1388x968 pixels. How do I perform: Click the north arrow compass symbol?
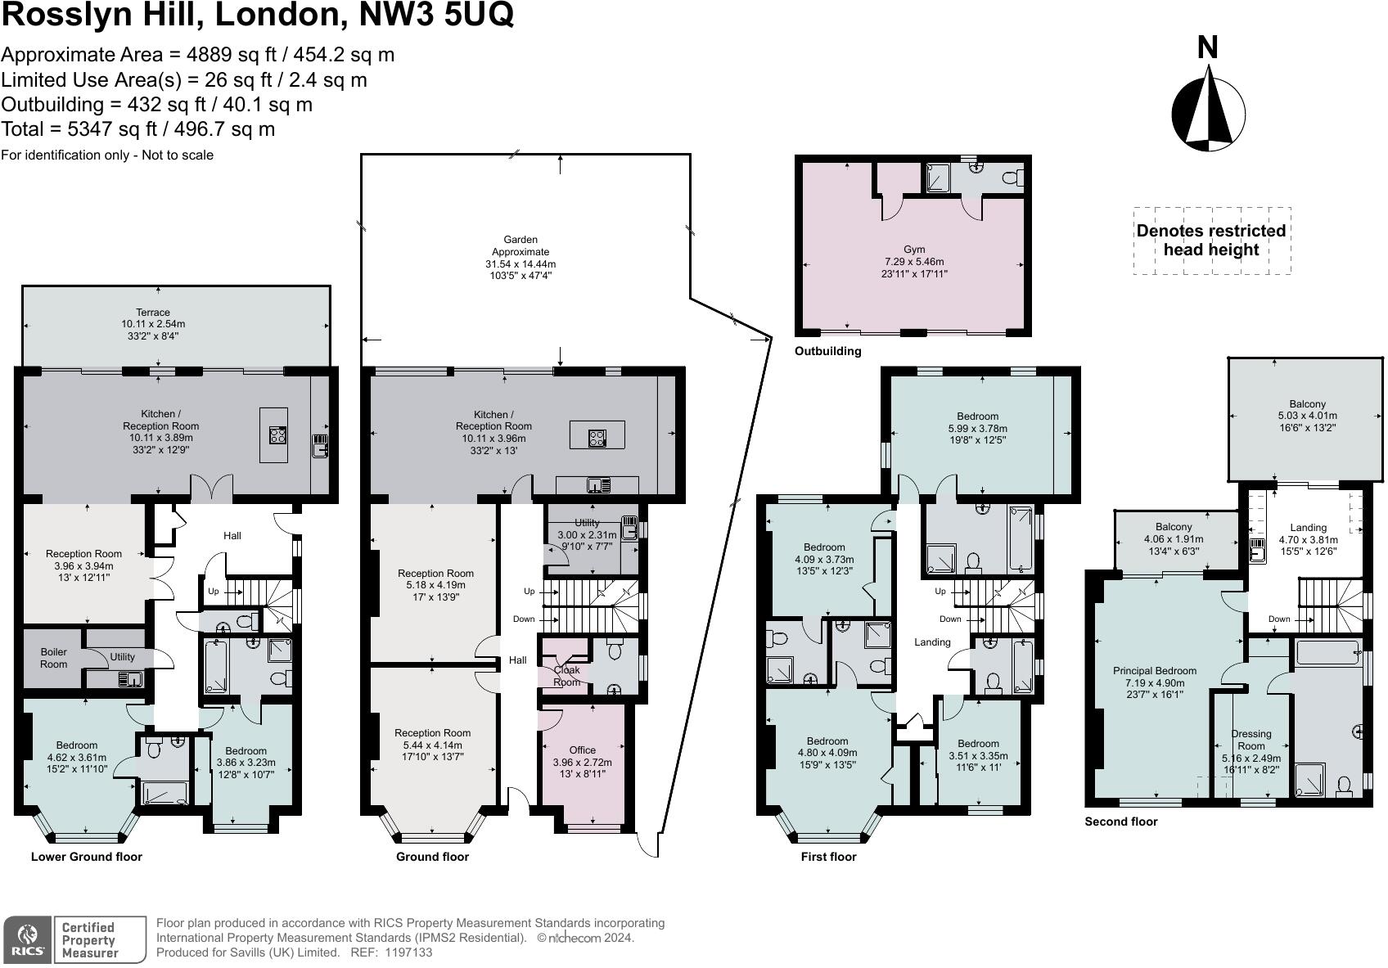1208,115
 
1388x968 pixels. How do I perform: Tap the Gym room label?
914,249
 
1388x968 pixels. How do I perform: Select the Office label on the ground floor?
582,750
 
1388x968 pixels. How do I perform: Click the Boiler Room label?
54,658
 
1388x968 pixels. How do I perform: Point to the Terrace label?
153,313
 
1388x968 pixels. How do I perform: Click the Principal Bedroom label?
1155,670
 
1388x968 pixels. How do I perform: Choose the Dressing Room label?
1251,740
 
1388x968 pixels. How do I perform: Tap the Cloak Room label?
567,676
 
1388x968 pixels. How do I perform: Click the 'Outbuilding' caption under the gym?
828,351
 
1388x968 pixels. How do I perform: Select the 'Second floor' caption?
1121,822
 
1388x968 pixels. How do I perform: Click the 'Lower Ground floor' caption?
87,857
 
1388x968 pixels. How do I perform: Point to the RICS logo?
28,939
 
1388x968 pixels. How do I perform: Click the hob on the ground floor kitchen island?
597,438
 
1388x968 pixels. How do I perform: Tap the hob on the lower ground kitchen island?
277,435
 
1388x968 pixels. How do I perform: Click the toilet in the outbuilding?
1012,178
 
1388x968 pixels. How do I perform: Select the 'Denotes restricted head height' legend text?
1211,240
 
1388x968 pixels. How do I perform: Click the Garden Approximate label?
520,245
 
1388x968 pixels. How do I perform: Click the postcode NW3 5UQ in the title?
436,15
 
